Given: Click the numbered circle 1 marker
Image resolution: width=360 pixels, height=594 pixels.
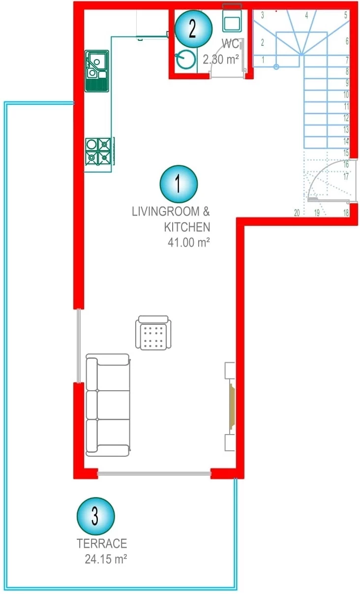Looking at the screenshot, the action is [x=179, y=184].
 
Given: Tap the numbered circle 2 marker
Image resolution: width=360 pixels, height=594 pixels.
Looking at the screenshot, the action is [x=193, y=29].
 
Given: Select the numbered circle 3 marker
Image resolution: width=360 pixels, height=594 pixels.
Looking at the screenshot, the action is [x=96, y=516].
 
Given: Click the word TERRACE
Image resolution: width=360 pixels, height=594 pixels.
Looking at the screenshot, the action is [x=102, y=543].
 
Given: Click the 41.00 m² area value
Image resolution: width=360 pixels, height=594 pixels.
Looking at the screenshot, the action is [x=189, y=242].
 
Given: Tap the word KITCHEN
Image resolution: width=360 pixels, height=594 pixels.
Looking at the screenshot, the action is [x=187, y=227].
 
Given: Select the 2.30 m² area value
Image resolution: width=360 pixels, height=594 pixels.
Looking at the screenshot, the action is [x=221, y=60].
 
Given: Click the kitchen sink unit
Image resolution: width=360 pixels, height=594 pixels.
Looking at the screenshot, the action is [x=97, y=71].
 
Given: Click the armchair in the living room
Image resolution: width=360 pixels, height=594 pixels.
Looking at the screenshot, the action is [x=153, y=333].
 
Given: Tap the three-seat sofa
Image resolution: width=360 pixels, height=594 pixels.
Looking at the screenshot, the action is [x=108, y=405].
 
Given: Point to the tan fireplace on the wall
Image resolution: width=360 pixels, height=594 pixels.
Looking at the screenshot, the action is [x=232, y=406].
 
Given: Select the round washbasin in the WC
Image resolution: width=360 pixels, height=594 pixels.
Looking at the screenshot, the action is [x=185, y=59].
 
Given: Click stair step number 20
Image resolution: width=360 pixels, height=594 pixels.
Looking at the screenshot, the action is [x=297, y=213].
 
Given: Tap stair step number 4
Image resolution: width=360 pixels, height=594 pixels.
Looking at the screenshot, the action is [x=306, y=15].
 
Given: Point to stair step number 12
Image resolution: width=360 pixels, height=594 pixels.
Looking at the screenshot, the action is [x=346, y=118].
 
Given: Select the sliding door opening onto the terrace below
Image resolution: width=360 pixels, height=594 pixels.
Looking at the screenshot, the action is [x=154, y=473].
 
